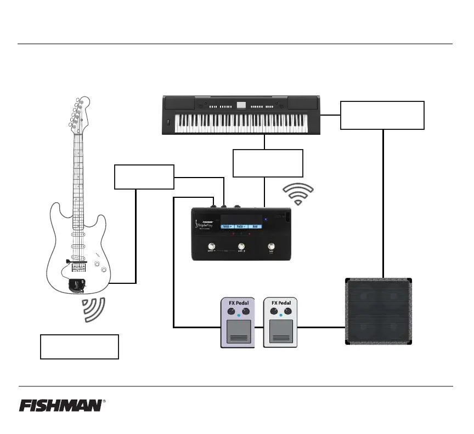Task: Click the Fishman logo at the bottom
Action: click(x=60, y=406)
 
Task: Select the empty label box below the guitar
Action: click(x=80, y=346)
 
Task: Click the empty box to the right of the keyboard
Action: click(x=382, y=115)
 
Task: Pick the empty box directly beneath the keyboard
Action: click(x=268, y=163)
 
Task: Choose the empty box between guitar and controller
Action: click(x=144, y=177)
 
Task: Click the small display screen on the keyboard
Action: click(x=241, y=105)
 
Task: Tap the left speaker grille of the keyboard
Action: click(x=179, y=104)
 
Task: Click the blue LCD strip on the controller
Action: click(x=242, y=226)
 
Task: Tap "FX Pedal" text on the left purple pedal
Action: click(x=238, y=302)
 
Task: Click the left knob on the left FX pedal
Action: click(x=229, y=312)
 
